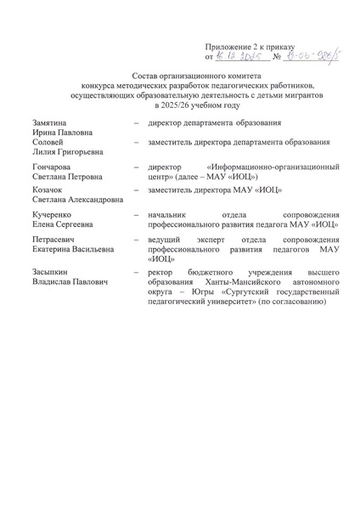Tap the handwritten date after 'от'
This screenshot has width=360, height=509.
coord(241,57)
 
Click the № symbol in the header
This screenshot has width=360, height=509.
coord(275,58)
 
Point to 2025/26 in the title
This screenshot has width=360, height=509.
coord(180,105)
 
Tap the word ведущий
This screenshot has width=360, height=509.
coord(166,242)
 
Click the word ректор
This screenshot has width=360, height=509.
coord(161,273)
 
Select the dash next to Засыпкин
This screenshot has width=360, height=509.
coord(136,273)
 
